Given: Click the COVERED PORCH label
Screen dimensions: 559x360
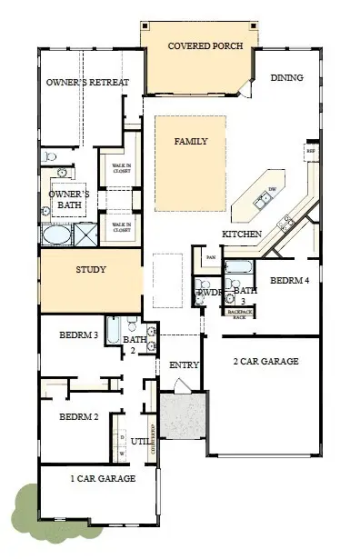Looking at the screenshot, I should tap(197, 45).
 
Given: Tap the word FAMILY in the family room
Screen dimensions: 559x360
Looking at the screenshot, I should tap(191, 141).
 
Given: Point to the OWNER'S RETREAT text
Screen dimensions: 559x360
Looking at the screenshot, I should tap(87, 83).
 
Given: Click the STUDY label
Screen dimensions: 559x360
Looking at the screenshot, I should tap(90, 269).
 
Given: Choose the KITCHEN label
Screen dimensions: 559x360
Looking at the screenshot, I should tap(242, 235).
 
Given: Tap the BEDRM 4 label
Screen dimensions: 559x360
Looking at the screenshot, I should tap(290, 281).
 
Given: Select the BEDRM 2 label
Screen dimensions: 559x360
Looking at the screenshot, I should tap(78, 417).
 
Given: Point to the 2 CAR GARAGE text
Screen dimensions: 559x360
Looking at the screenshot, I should tap(266, 361).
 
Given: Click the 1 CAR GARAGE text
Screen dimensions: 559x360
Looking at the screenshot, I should tap(103, 478).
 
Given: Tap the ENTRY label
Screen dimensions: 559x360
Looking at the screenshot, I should tap(185, 364).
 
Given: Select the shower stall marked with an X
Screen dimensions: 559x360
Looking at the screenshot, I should tap(86, 235).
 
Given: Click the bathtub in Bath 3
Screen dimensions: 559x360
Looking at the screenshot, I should tap(238, 268).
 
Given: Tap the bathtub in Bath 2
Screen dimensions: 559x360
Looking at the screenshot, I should tap(113, 329).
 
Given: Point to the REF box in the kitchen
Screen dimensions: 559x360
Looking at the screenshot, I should tap(311, 151).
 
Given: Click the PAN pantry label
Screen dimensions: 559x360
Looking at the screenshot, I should tap(210, 257).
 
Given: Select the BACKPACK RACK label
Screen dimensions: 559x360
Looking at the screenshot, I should tap(240, 314).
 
